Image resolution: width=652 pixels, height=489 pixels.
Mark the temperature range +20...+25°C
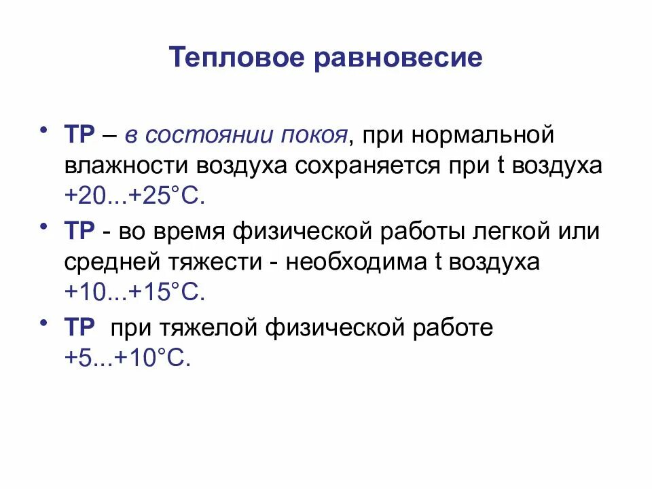[134, 197]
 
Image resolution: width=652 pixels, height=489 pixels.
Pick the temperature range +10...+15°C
[134, 293]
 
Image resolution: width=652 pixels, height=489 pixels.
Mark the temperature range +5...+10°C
[126, 358]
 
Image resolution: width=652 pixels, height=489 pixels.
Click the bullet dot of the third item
[45, 322]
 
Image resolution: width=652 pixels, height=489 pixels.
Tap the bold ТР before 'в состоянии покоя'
[80, 134]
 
